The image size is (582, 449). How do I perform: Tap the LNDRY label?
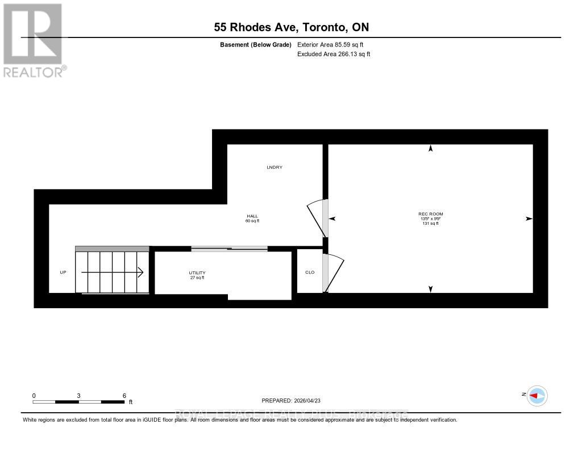pos(275,167)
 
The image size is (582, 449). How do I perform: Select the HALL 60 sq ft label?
pos(252,219)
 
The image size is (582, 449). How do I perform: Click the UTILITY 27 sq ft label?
pos(197,275)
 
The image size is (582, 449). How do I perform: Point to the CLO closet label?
pos(310,272)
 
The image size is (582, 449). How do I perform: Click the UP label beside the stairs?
pos(63,272)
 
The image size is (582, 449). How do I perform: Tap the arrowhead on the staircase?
pos(139,272)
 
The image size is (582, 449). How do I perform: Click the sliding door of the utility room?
pos(229,248)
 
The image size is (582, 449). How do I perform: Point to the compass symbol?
pos(537,396)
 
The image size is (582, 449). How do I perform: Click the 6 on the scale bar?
pos(124,396)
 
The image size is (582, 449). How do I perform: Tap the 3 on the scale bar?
pos(78,396)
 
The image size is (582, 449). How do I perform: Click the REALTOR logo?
pos(34,40)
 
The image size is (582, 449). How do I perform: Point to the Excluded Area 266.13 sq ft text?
pos(334,54)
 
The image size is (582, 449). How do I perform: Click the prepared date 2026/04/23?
pos(294,400)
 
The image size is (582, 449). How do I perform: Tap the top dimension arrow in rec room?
pos(430,149)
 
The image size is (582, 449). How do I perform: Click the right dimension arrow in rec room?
pos(529,219)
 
